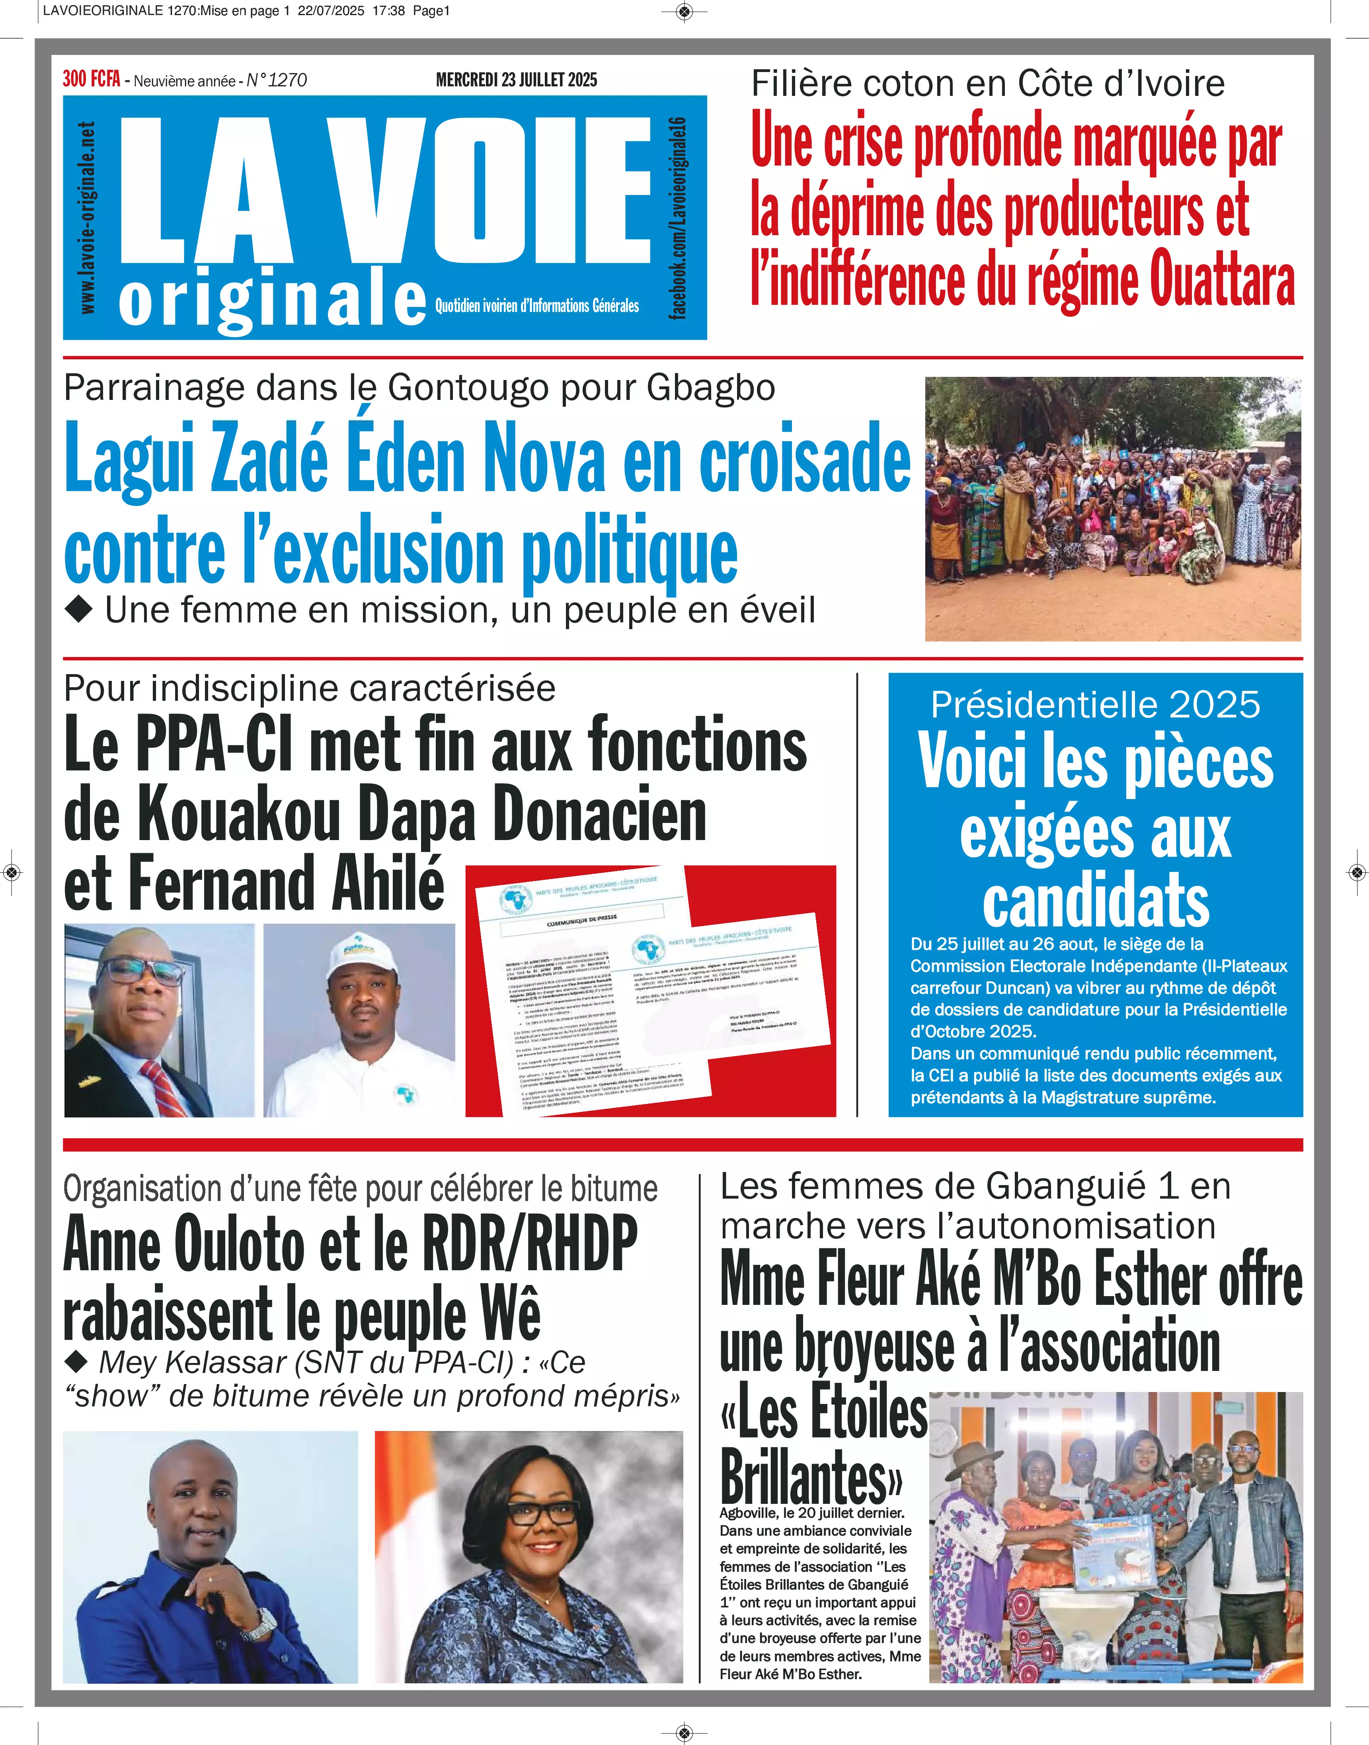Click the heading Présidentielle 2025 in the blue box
pyautogui.click(x=1095, y=705)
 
